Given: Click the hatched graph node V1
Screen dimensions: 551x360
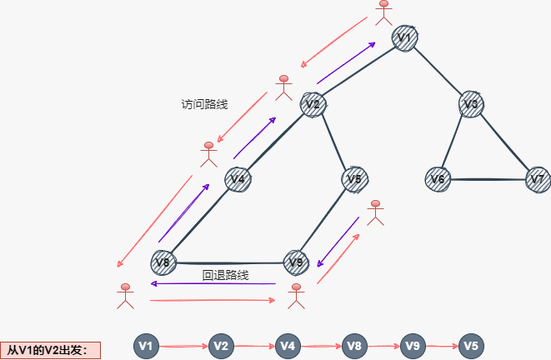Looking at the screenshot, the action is pyautogui.click(x=405, y=38).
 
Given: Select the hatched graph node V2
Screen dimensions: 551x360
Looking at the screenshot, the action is pyautogui.click(x=313, y=104).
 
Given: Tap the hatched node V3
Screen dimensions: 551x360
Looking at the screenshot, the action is pyautogui.click(x=471, y=104).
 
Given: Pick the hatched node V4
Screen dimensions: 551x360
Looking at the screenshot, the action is pyautogui.click(x=238, y=179).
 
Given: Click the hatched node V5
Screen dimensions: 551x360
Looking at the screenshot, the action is pyautogui.click(x=355, y=179).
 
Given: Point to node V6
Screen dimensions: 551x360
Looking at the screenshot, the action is pyautogui.click(x=438, y=179).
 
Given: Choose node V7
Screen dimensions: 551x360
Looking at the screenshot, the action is pyautogui.click(x=538, y=179).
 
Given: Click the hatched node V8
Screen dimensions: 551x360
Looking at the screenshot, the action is pyautogui.click(x=163, y=262).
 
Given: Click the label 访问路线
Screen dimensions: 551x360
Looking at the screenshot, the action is pyautogui.click(x=204, y=104).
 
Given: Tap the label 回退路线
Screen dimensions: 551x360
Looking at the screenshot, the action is pyautogui.click(x=226, y=275).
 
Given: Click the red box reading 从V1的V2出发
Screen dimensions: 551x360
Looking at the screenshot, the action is pyautogui.click(x=50, y=349).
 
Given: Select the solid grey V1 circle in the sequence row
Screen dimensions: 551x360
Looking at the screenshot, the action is pyautogui.click(x=147, y=346).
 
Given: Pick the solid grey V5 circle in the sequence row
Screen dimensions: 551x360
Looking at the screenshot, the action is pyautogui.click(x=472, y=346).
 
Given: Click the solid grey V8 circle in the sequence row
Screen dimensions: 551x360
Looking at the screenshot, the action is pyautogui.click(x=353, y=346).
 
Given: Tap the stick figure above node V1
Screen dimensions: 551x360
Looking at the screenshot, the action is pyautogui.click(x=383, y=11).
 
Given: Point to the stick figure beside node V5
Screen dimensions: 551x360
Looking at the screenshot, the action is pyautogui.click(x=376, y=212).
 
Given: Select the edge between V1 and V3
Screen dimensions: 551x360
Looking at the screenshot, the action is pyautogui.click(x=438, y=72).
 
